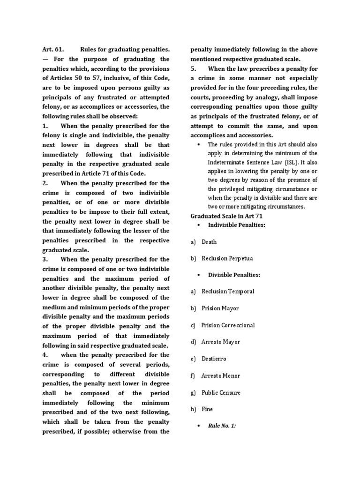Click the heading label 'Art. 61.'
point(52,49)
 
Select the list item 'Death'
point(209,242)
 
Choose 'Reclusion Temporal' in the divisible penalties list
point(228,292)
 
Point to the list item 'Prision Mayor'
point(220,308)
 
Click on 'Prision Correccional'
point(228,325)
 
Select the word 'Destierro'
point(214,359)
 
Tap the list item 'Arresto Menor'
point(220,375)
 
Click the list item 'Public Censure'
point(221,392)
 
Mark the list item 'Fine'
point(207,409)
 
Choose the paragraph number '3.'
point(45,259)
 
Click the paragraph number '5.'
point(193,69)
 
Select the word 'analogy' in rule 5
point(260,97)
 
